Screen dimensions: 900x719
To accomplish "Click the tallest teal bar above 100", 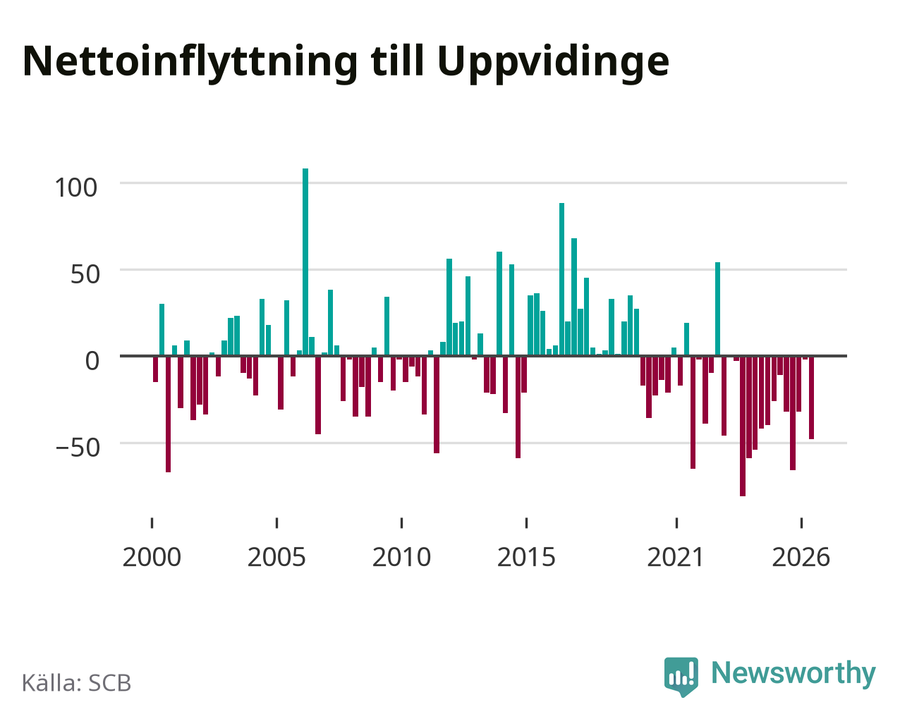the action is [305, 262].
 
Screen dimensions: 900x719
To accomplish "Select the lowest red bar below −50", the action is [742, 426].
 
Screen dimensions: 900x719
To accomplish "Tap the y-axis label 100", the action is [75, 188].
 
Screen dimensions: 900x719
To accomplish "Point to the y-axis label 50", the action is [85, 275].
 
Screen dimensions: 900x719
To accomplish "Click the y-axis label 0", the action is [92, 361].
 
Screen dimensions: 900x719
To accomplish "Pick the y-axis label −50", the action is [78, 448].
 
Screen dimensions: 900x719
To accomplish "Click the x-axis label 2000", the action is [152, 557].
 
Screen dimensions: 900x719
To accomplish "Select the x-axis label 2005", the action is [276, 557].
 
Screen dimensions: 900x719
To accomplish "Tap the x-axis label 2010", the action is [401, 557].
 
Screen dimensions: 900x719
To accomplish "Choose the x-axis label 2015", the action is [526, 557].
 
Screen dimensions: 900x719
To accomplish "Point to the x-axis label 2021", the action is [676, 557].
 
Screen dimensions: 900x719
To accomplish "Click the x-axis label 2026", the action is [801, 557].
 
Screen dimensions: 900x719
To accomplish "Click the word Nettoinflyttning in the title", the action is [190, 63].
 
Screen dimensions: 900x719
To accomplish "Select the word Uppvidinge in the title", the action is [553, 63].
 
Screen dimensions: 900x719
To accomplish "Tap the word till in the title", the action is [397, 60].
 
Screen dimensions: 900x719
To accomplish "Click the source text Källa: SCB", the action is [77, 682].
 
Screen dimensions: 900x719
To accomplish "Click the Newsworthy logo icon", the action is [681, 677].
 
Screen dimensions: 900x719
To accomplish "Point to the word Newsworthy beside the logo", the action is [793, 673].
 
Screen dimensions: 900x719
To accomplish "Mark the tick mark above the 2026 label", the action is [801, 523].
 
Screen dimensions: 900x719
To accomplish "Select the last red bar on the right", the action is [811, 398].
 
